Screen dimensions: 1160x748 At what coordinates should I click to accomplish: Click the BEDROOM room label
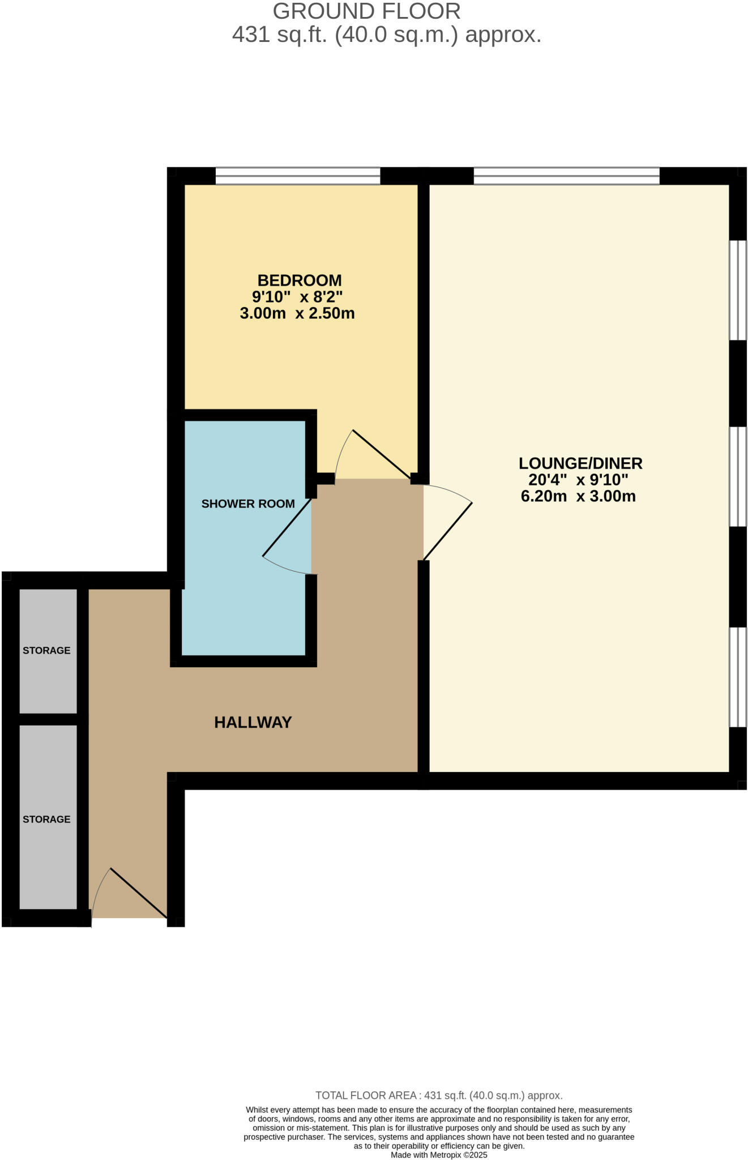click(x=299, y=280)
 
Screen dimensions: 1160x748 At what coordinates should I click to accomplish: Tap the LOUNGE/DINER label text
click(x=580, y=463)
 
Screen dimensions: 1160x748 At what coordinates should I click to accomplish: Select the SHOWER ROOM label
click(x=248, y=504)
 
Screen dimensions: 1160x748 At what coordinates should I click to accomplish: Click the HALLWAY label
click(x=253, y=722)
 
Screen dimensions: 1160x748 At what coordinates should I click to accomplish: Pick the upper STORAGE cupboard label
click(x=46, y=650)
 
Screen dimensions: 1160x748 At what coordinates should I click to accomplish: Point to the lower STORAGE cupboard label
click(x=46, y=819)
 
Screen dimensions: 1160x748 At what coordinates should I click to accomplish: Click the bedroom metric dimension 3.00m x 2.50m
click(x=297, y=313)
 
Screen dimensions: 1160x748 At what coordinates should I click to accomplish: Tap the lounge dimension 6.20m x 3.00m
click(x=578, y=496)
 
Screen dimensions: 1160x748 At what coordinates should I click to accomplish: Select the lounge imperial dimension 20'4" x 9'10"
click(x=578, y=480)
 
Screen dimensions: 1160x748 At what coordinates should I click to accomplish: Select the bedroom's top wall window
click(x=298, y=176)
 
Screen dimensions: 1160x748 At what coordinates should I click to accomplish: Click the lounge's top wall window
click(x=566, y=176)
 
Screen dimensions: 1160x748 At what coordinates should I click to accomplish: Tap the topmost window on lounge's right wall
click(x=737, y=290)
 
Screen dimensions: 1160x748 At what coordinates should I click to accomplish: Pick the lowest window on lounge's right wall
click(x=737, y=677)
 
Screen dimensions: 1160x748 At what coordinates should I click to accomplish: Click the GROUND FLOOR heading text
click(x=366, y=11)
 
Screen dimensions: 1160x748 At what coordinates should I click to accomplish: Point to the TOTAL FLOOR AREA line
click(x=438, y=1095)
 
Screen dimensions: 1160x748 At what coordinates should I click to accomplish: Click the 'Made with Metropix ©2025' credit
click(x=438, y=1155)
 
